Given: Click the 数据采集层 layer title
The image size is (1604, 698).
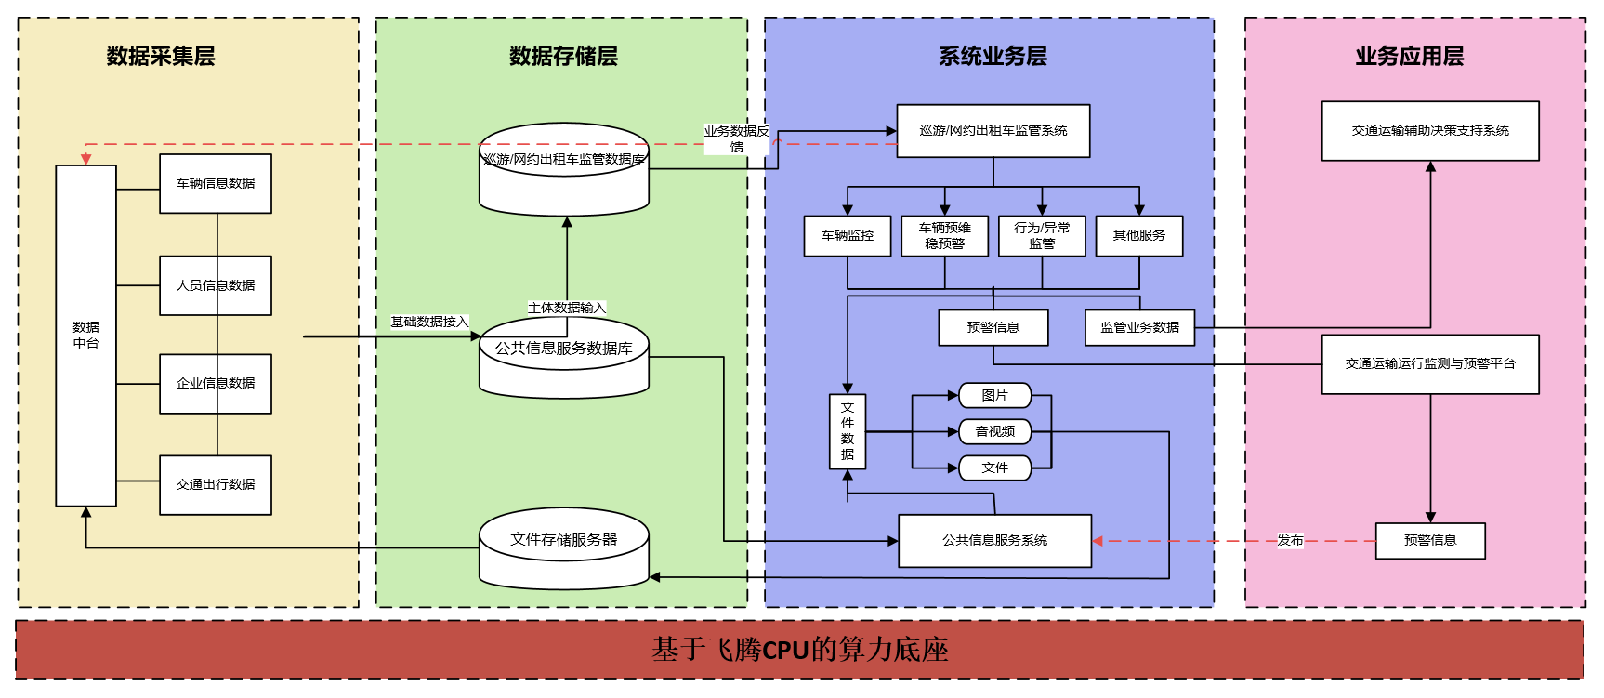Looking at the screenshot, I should point(161,57).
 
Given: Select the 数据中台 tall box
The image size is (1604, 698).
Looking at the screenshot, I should point(85,336).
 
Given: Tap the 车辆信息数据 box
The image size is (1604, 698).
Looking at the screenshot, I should point(216,184).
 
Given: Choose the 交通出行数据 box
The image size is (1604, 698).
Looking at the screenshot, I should point(216,485).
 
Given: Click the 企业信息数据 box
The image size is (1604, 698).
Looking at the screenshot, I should point(216,384).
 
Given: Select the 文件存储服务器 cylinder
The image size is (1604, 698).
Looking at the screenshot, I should point(563,547).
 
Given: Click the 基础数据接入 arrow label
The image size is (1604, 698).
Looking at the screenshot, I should point(429,323).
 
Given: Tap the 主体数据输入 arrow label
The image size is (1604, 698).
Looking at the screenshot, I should point(567,308).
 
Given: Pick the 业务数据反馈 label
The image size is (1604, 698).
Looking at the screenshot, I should point(737,138).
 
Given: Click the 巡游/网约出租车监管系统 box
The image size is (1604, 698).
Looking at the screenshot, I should point(993,131).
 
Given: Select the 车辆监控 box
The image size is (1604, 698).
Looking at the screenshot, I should point(847,236).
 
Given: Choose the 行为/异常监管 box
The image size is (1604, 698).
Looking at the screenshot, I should point(1042,236).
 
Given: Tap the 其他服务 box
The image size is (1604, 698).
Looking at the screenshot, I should point(1138,236).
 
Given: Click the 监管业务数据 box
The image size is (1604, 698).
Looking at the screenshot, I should point(1139,328).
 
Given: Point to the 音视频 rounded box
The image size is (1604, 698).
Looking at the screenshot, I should point(994,431).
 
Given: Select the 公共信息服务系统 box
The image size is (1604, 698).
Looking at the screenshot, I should point(994,541).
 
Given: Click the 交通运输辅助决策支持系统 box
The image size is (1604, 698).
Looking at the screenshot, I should point(1430,131).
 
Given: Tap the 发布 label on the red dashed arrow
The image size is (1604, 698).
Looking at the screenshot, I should point(1290,541).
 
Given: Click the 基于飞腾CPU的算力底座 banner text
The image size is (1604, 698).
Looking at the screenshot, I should point(800,650).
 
